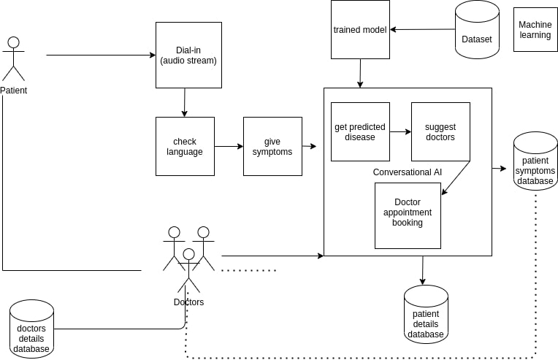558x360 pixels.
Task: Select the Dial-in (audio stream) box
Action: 188,55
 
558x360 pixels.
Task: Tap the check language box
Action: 185,146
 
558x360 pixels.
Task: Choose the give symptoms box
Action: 272,146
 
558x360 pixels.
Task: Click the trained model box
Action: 360,29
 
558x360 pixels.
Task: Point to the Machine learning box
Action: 535,29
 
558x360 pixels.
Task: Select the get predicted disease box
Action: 360,131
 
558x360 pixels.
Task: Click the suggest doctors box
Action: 440,131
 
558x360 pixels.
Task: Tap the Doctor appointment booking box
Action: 408,215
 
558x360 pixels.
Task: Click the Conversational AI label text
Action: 408,172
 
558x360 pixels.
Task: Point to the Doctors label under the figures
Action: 188,302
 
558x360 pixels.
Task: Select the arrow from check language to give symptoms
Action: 229,146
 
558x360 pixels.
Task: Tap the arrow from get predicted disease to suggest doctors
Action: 400,132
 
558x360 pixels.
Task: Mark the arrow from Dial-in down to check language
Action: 184,102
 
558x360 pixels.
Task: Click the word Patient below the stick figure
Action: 13,91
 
